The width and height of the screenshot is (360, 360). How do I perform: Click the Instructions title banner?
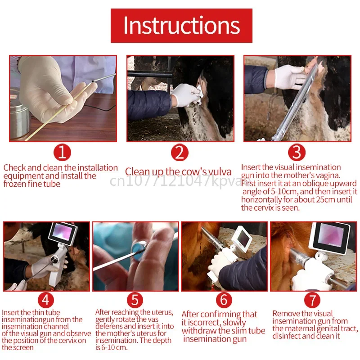tap(181, 26)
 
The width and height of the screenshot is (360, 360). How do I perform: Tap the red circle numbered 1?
tap(62, 153)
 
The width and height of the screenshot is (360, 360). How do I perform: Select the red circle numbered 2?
tap(180, 153)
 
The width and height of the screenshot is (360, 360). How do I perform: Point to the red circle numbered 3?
tap(297, 152)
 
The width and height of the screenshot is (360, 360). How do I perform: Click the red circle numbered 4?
tap(46, 300)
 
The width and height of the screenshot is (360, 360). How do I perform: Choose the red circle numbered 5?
tap(135, 300)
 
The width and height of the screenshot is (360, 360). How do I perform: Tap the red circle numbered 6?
tap(224, 300)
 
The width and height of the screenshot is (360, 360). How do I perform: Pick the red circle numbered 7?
tap(312, 300)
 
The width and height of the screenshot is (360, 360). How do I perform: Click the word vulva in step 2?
tap(220, 172)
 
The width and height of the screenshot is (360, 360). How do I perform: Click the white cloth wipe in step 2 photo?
tap(199, 94)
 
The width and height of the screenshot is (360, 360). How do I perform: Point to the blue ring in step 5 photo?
tap(139, 251)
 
